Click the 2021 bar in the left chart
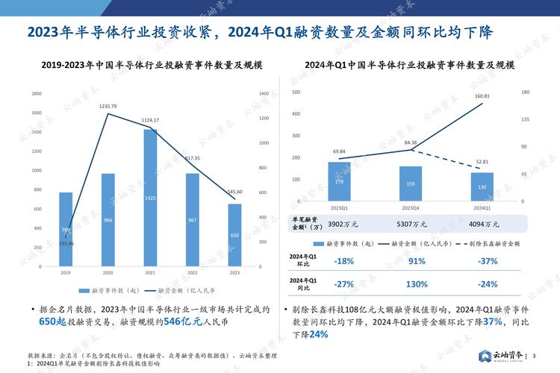point(150,198)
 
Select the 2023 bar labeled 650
point(234,235)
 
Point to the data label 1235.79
point(108,107)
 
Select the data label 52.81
point(482,162)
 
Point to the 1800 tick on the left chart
point(36,93)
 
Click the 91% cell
point(417,261)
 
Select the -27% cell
point(344,284)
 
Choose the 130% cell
point(417,284)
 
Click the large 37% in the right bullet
point(492,321)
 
